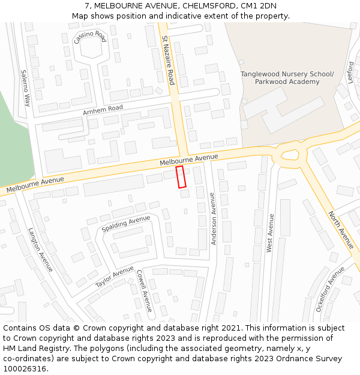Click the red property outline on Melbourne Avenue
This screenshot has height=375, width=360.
click(x=181, y=177)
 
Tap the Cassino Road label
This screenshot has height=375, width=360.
click(x=89, y=37)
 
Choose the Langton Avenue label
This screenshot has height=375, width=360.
click(x=40, y=249)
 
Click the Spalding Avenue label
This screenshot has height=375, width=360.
click(x=126, y=224)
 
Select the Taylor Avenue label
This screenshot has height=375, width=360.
click(x=115, y=276)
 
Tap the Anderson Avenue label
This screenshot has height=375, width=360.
click(x=212, y=218)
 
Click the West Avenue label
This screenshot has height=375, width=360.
click(x=270, y=233)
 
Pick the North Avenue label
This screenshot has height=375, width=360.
click(x=341, y=230)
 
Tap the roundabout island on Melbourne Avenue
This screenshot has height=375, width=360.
click(x=290, y=155)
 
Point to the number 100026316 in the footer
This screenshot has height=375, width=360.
click(x=25, y=368)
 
